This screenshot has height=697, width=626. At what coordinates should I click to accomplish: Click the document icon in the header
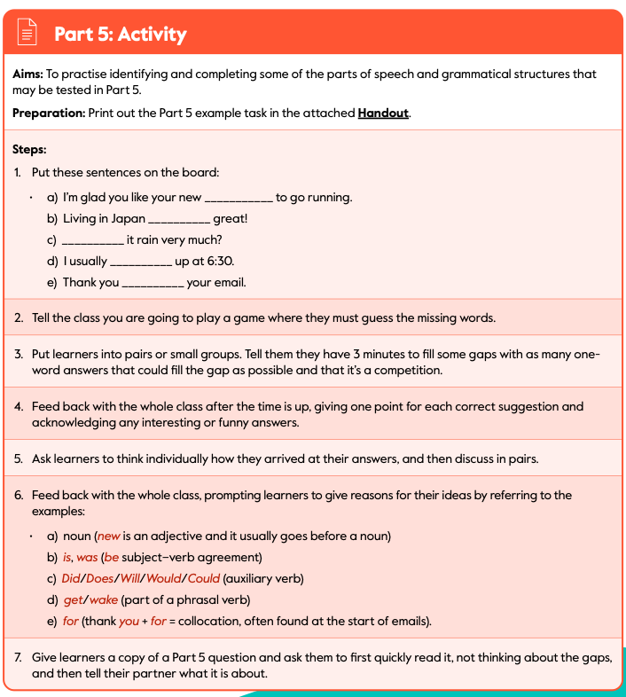(28, 35)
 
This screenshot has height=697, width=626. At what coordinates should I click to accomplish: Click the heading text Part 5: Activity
(120, 35)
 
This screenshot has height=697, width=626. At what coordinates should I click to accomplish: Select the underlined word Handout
(383, 114)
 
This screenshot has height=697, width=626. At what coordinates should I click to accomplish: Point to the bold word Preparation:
(48, 114)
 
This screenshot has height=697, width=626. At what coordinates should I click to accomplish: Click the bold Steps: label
(29, 149)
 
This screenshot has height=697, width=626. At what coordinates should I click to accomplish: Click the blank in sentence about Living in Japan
(179, 219)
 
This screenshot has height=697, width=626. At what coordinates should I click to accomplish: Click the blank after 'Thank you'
(153, 283)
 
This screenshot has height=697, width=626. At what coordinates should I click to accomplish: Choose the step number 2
(19, 317)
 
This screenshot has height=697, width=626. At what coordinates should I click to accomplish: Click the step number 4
(19, 407)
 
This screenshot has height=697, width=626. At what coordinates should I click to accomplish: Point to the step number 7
(19, 658)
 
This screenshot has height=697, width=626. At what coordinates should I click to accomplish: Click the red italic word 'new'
(108, 536)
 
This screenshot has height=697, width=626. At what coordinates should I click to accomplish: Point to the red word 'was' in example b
(87, 558)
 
